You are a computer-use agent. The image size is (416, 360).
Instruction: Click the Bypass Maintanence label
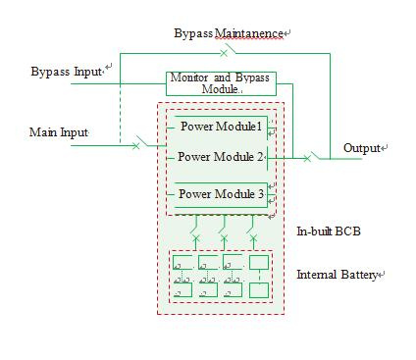click(229, 33)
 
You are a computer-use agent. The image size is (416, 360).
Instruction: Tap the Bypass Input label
click(67, 72)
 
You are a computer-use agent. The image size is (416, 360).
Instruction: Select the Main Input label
click(59, 132)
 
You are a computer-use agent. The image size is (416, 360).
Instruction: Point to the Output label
click(362, 148)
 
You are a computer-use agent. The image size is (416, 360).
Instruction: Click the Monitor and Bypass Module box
click(221, 83)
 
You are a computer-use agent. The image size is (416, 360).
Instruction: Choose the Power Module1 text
click(222, 127)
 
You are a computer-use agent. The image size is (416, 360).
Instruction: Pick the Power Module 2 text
click(221, 157)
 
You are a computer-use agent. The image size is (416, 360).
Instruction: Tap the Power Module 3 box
click(221, 195)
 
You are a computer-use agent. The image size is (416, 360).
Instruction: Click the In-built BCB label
click(329, 231)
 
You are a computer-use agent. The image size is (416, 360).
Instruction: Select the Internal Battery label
click(337, 275)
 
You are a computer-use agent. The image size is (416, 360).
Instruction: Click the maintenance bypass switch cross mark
click(224, 53)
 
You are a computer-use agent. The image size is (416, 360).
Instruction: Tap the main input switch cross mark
click(135, 146)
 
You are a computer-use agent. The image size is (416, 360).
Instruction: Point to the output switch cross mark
click(307, 159)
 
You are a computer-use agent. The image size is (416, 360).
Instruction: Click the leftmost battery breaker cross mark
click(195, 237)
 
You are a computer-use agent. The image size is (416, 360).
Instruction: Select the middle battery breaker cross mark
click(224, 237)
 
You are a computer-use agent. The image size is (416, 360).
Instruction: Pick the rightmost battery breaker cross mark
click(253, 237)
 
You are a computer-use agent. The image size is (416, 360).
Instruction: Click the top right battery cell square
click(259, 262)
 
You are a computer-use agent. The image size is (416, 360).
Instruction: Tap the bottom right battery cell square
click(259, 290)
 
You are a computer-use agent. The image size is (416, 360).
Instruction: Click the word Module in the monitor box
click(220, 89)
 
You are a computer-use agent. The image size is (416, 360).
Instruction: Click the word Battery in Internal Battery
click(358, 275)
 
